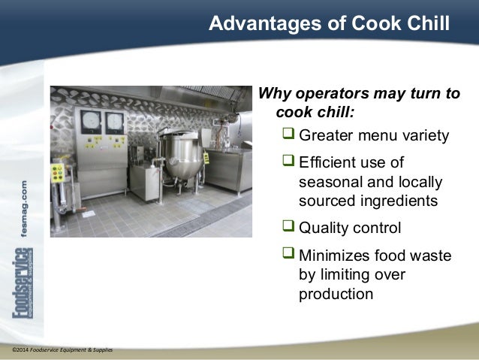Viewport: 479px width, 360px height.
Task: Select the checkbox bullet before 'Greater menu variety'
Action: point(289,135)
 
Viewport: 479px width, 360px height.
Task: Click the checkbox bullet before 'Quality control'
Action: point(289,227)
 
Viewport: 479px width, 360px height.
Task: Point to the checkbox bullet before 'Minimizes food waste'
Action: point(289,256)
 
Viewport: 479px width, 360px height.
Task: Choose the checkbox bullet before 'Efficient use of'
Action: point(289,163)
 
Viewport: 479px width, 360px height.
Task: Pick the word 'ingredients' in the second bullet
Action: point(398,201)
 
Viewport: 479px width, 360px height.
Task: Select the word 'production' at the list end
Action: point(335,294)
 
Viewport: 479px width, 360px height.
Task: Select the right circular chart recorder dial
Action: point(114,122)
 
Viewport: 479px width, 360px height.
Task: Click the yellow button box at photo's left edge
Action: point(57,173)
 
